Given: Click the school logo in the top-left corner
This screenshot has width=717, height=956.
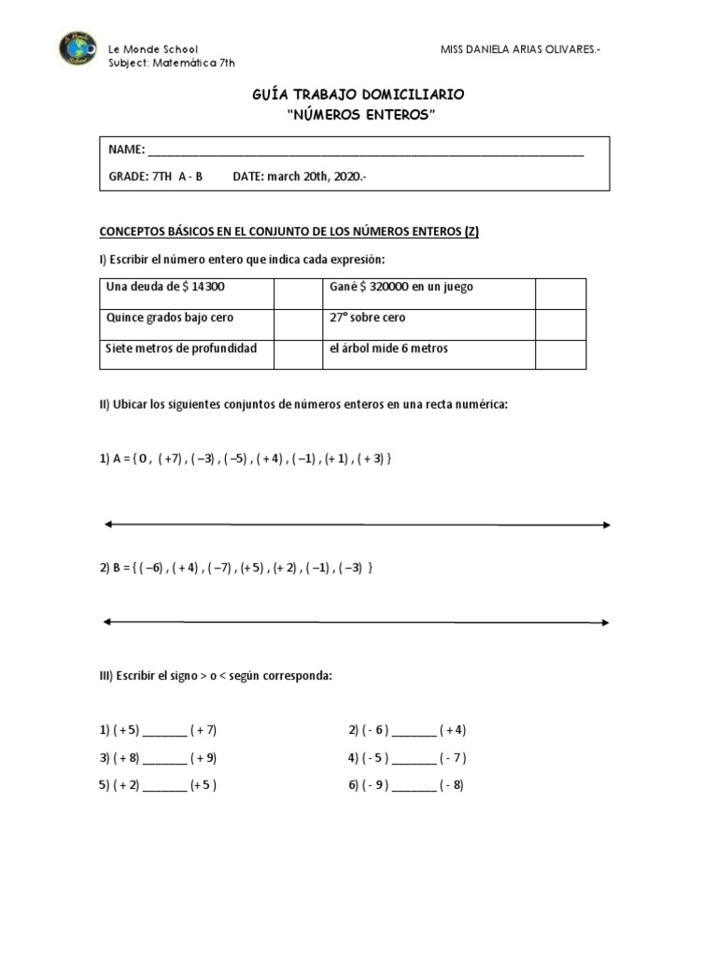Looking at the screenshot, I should (x=77, y=49).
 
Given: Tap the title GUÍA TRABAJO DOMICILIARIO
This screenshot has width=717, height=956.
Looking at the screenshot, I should (x=358, y=95).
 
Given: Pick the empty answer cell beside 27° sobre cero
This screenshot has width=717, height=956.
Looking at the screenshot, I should (x=560, y=323).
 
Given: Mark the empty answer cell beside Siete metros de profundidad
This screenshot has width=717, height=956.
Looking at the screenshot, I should (x=297, y=354).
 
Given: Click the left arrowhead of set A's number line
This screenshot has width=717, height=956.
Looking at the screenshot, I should (x=107, y=525).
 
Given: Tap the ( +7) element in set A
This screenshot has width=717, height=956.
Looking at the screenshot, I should (x=171, y=460).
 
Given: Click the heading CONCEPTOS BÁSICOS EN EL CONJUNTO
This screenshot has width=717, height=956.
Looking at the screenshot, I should (x=289, y=232).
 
